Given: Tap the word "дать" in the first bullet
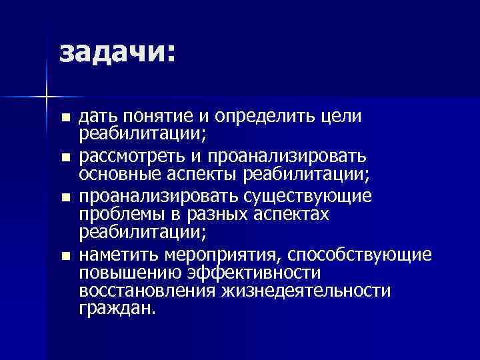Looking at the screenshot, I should [96, 118].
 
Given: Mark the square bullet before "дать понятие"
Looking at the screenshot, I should [64, 119].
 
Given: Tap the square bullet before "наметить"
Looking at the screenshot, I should [64, 256].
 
